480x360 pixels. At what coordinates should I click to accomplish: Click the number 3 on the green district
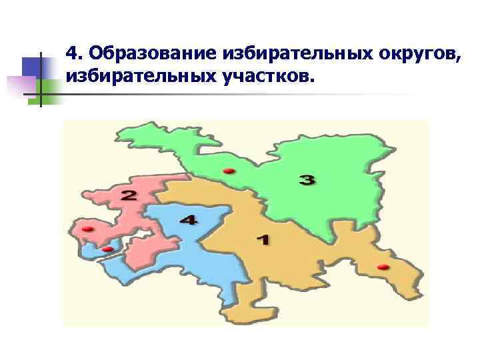click(x=307, y=180)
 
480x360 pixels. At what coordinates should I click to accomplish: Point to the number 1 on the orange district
click(x=263, y=239)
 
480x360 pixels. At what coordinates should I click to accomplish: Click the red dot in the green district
click(x=229, y=171)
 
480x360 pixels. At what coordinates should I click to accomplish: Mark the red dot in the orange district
click(x=383, y=267)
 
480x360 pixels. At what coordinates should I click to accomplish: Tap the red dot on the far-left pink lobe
click(x=87, y=229)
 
